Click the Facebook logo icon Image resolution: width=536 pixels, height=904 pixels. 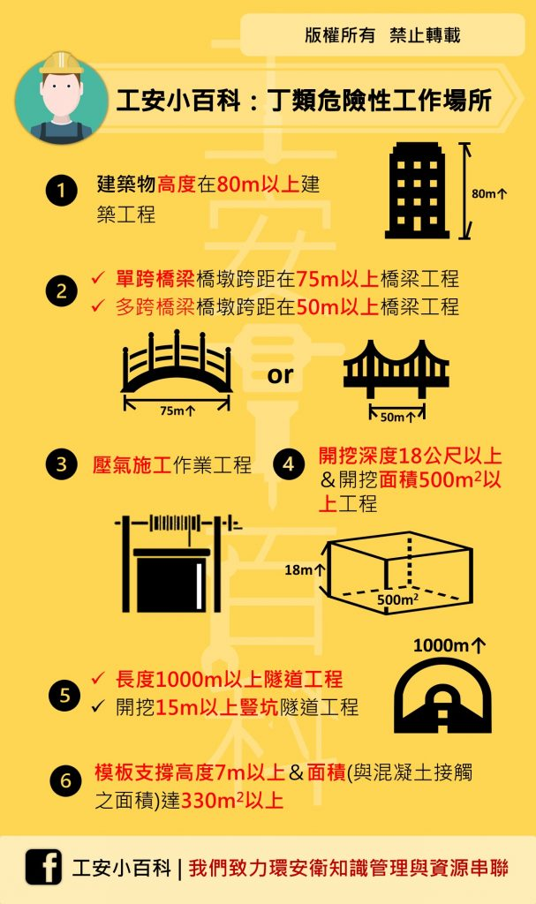tap(43, 867)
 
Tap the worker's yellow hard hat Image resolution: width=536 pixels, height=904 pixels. tap(61, 64)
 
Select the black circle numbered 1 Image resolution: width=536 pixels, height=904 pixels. tap(62, 191)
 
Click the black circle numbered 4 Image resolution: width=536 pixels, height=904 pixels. tap(289, 463)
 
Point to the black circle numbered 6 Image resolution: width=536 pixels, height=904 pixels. tap(65, 780)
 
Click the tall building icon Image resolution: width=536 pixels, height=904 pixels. tap(417, 190)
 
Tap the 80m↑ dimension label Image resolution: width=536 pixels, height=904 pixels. tap(489, 193)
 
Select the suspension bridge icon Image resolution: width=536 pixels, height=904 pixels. tap(396, 369)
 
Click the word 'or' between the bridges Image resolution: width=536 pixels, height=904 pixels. tap(281, 375)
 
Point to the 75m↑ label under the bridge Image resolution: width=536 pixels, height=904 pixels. tap(177, 411)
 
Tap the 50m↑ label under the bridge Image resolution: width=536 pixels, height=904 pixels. tap(398, 417)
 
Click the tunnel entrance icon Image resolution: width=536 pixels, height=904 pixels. tap(442, 696)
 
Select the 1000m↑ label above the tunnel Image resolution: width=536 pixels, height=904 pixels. tap(449, 645)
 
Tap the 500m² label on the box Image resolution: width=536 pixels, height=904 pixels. tap(398, 599)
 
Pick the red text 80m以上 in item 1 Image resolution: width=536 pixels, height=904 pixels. tap(258, 185)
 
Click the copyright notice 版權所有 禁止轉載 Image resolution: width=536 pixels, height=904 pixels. tap(382, 35)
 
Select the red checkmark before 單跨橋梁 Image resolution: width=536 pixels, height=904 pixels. tap(98, 278)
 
